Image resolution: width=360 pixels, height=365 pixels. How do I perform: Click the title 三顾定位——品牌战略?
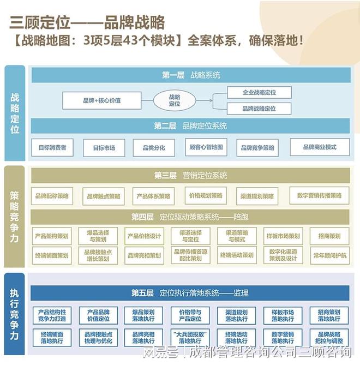tap(87, 22)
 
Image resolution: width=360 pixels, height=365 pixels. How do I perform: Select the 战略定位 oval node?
tap(174, 100)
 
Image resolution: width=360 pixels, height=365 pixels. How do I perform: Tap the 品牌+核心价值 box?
tap(102, 100)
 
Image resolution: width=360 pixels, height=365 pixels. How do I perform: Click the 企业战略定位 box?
tap(259, 93)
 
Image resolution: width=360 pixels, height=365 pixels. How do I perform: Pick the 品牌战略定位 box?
tap(259, 109)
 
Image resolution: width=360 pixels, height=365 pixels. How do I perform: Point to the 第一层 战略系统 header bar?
tap(190, 75)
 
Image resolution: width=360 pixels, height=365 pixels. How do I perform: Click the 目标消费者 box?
tap(52, 147)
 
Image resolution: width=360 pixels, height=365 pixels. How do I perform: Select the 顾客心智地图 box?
tap(206, 147)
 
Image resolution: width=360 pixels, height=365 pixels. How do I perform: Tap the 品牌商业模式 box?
tap(320, 147)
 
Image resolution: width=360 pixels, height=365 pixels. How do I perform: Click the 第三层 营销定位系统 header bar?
tap(190, 176)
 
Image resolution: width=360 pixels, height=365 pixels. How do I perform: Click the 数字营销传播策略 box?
tap(320, 195)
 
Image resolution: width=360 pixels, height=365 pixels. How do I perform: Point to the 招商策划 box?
tap(329, 236)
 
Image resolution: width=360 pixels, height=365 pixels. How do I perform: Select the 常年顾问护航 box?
tap(329, 255)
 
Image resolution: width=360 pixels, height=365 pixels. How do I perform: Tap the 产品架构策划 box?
tap(52, 236)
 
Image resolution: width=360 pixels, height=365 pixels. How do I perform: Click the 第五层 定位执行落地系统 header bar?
tap(190, 293)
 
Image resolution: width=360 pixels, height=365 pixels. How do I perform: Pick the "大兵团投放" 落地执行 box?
tap(191, 337)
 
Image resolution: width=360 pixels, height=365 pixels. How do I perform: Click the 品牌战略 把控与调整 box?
tap(329, 337)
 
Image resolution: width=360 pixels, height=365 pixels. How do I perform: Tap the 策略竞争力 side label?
tap(15, 216)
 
